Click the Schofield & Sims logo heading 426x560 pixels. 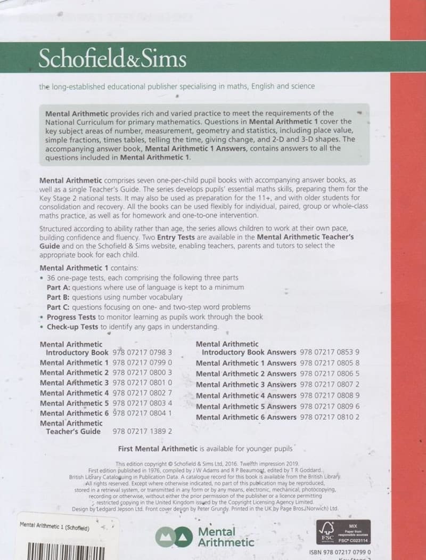click(112, 58)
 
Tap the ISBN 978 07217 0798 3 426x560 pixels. click(142, 353)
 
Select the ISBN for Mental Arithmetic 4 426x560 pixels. click(142, 393)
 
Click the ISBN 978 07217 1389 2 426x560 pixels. click(142, 432)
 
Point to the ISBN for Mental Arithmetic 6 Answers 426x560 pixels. click(330, 417)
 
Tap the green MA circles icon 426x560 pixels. click(173, 537)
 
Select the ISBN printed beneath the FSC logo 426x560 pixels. click(340, 553)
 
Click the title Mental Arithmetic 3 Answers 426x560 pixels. click(246, 384)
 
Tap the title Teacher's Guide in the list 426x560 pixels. click(73, 432)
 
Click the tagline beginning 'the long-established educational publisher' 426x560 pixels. click(177, 86)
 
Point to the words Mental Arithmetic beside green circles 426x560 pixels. click(226, 537)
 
